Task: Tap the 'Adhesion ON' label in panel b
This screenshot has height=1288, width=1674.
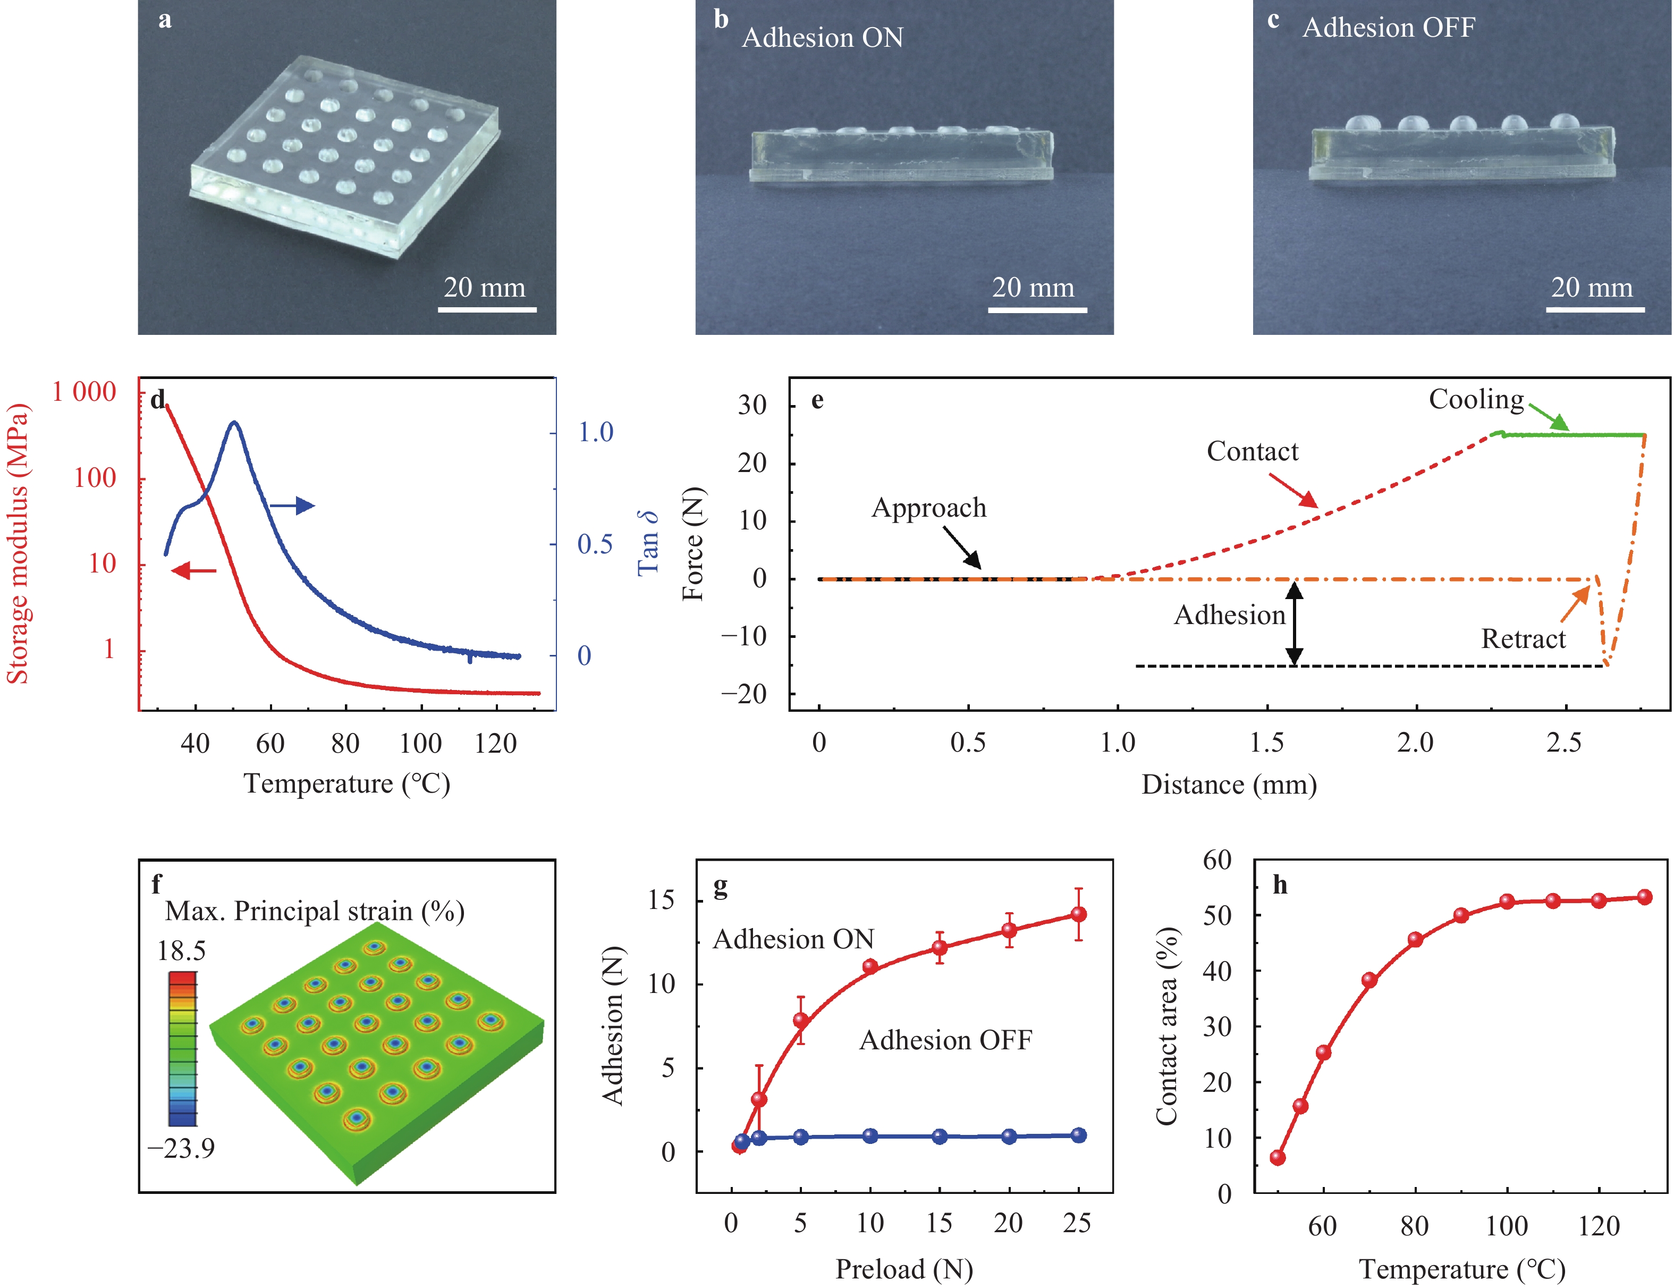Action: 823,38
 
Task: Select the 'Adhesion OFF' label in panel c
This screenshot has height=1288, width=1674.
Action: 1388,28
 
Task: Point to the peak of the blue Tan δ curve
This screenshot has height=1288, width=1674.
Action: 234,423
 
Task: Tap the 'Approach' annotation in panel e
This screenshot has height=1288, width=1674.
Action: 929,508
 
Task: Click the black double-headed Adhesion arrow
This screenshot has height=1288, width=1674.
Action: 1294,622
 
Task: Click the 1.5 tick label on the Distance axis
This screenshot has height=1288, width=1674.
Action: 1266,742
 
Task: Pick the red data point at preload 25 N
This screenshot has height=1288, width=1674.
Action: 1078,914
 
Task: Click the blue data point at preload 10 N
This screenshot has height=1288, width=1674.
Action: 870,1136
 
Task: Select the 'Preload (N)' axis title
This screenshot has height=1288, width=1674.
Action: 903,1269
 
